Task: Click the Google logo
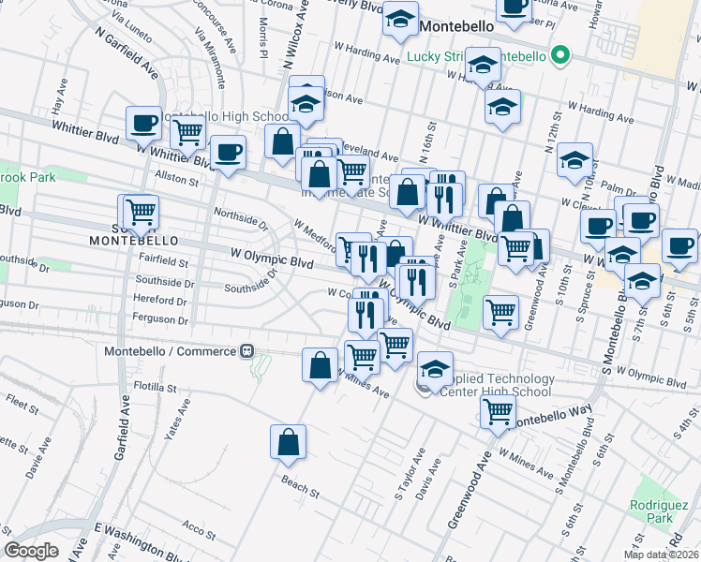[x=32, y=551]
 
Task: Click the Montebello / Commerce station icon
[x=247, y=351]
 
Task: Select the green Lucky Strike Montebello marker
[x=560, y=56]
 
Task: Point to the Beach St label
[x=300, y=486]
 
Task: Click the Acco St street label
[x=200, y=530]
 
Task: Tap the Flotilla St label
[x=155, y=386]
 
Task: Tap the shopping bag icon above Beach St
[x=289, y=442]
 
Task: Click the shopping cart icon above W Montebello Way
[x=497, y=409]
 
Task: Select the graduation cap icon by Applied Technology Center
[x=436, y=369]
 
